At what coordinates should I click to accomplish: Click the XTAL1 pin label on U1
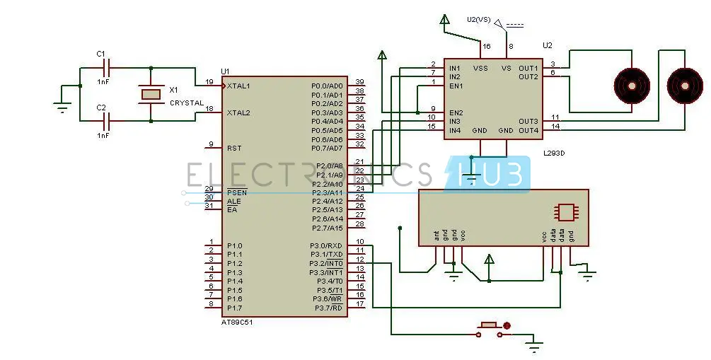coord(238,86)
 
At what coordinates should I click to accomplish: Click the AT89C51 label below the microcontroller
coord(237,322)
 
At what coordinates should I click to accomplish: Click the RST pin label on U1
coord(234,149)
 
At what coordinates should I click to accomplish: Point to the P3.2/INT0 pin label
coord(326,263)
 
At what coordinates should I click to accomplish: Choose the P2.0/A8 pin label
coord(327,166)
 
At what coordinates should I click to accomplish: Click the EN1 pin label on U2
coord(455,86)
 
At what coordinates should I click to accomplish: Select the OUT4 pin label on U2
coord(528,130)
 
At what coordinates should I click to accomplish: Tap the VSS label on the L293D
coord(480,69)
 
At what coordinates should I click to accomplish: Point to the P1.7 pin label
coord(235,308)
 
